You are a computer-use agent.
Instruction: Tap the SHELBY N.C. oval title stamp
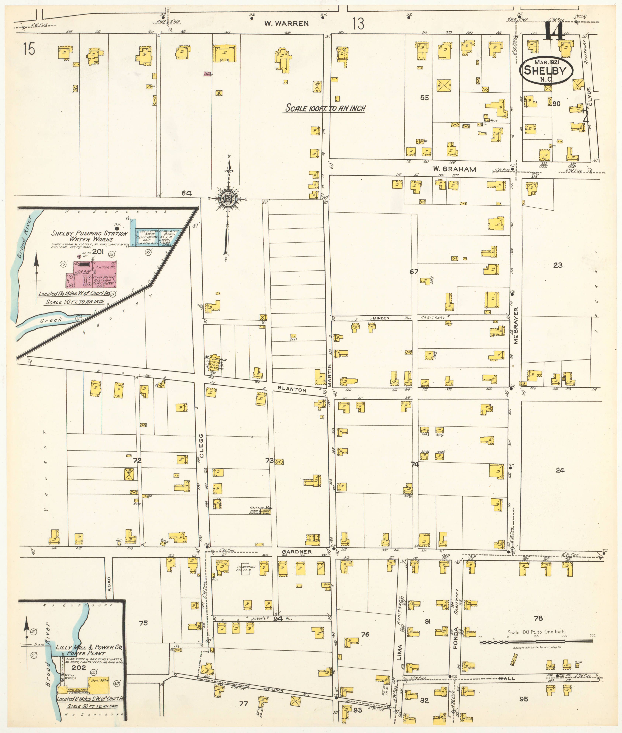click(x=546, y=70)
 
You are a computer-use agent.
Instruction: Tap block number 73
click(x=269, y=460)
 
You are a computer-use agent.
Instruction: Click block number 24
click(x=560, y=470)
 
